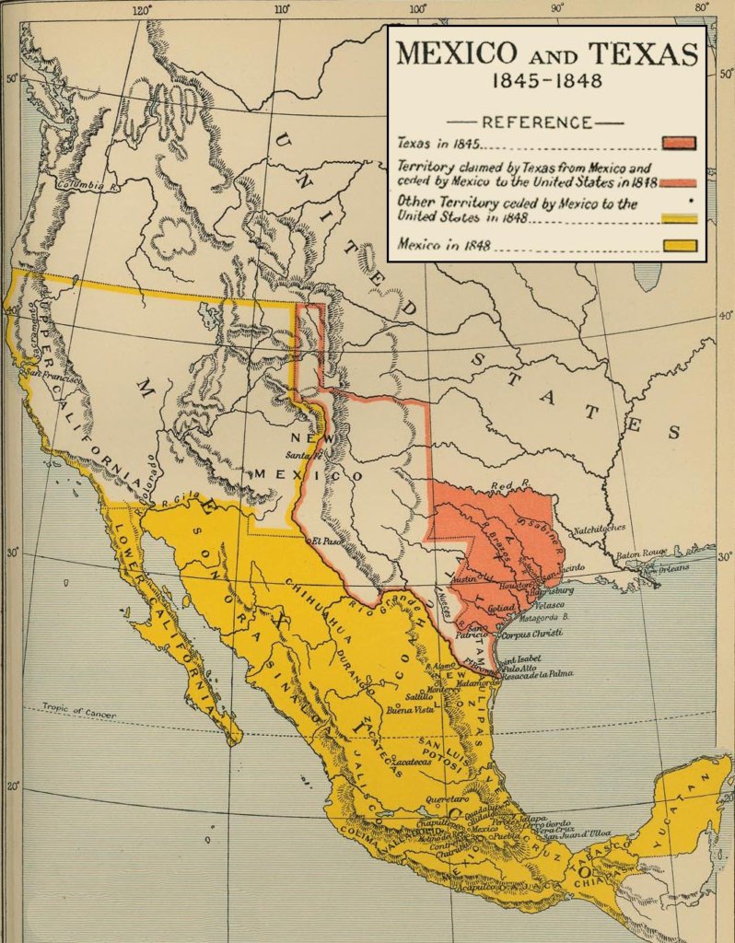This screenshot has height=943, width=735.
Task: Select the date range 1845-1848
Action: click(546, 81)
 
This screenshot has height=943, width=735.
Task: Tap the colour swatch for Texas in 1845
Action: click(678, 143)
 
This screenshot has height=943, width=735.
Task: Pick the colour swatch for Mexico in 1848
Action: click(678, 245)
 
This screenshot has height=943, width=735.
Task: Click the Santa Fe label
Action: click(302, 456)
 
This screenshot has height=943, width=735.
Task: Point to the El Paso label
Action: click(327, 541)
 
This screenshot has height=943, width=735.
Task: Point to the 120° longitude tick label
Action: click(142, 11)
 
